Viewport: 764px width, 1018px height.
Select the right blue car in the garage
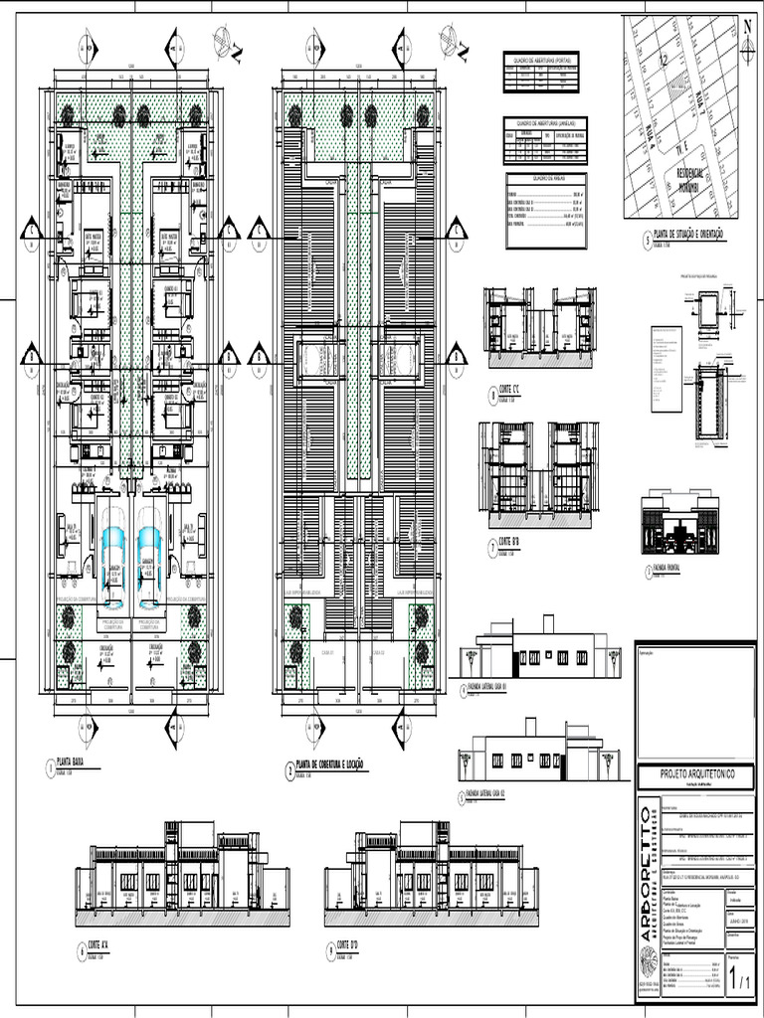(149, 550)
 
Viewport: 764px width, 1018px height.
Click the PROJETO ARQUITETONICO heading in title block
(693, 773)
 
